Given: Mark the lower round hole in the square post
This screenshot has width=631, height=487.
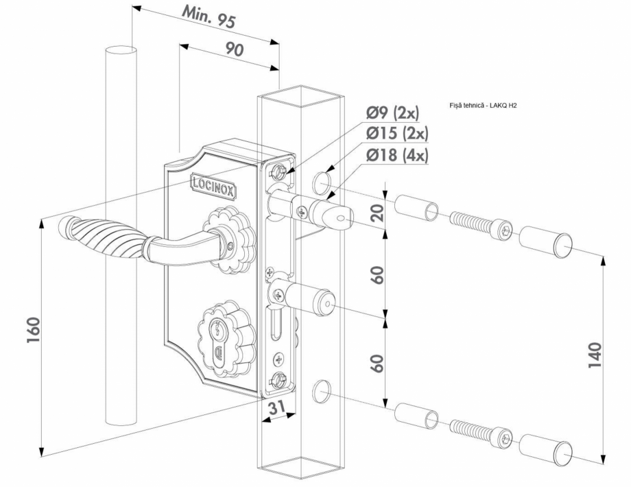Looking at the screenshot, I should [x=321, y=392].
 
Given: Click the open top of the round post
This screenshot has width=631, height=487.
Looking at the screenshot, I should [x=121, y=50].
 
